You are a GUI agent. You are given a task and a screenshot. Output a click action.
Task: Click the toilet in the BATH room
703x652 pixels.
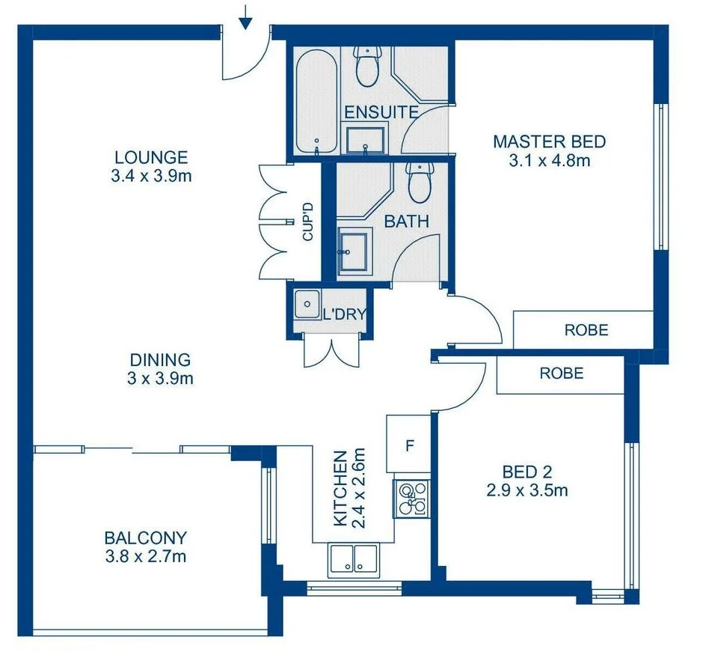(420, 182)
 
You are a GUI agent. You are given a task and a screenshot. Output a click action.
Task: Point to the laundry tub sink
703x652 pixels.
(305, 304)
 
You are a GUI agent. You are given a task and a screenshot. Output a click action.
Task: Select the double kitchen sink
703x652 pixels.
(354, 559)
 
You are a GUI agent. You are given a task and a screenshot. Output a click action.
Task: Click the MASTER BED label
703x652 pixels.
(549, 141)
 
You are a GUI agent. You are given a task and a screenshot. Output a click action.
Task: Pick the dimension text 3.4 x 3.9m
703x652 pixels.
(151, 177)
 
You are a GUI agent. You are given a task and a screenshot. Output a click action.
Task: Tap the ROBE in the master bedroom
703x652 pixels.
(586, 329)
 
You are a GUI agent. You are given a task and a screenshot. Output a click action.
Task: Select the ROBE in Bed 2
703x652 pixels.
(561, 373)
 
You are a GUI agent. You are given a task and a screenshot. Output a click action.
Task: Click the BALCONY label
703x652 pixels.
(145, 537)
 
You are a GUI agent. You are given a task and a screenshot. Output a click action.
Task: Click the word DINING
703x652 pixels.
(160, 360)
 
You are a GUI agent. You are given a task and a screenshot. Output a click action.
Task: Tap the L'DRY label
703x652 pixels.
(343, 314)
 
